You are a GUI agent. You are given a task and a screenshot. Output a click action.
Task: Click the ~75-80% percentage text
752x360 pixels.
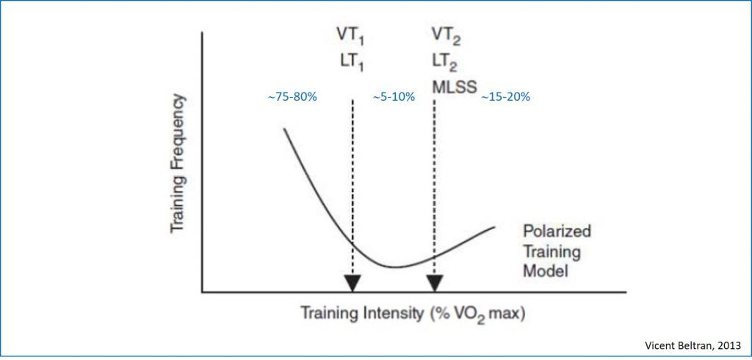click(292, 97)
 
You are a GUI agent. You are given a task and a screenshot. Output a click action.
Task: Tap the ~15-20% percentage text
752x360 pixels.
click(506, 97)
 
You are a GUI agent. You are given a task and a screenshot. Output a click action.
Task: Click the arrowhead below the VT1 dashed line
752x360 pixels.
click(352, 283)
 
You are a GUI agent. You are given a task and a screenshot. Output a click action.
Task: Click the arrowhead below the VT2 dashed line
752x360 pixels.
click(435, 283)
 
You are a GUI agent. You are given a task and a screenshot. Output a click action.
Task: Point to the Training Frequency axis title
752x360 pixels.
click(177, 163)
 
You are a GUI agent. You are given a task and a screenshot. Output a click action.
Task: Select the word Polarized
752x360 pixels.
click(556, 231)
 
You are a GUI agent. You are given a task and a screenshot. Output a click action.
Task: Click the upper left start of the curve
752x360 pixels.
click(284, 129)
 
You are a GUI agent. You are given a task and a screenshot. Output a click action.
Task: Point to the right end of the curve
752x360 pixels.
click(494, 226)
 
